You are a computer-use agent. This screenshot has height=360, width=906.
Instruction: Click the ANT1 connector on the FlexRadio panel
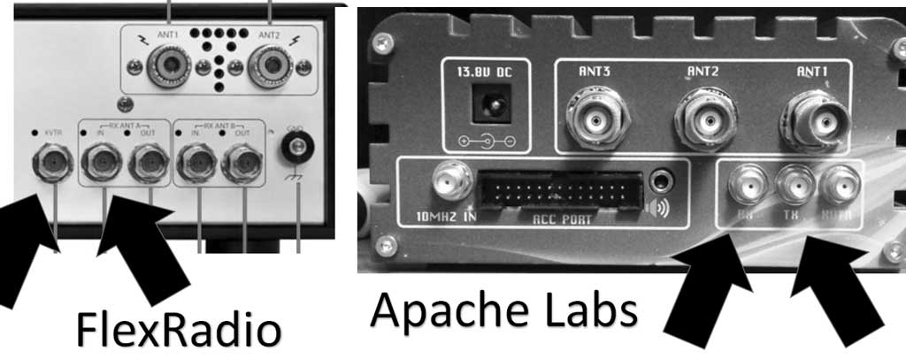click(x=167, y=65)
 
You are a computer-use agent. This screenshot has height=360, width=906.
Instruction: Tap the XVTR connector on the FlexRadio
click(x=51, y=163)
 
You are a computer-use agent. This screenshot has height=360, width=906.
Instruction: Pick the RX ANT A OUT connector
click(x=149, y=163)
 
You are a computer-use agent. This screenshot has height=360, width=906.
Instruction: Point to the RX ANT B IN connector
click(x=196, y=163)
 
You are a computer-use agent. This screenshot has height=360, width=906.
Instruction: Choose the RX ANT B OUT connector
click(x=242, y=163)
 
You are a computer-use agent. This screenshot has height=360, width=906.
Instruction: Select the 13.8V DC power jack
click(x=485, y=111)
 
